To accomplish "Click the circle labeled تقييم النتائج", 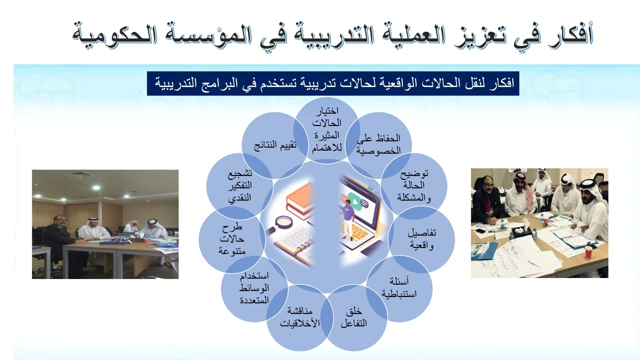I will [273, 145].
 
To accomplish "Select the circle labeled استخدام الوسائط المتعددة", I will [254, 288].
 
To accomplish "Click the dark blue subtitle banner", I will [333, 83].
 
